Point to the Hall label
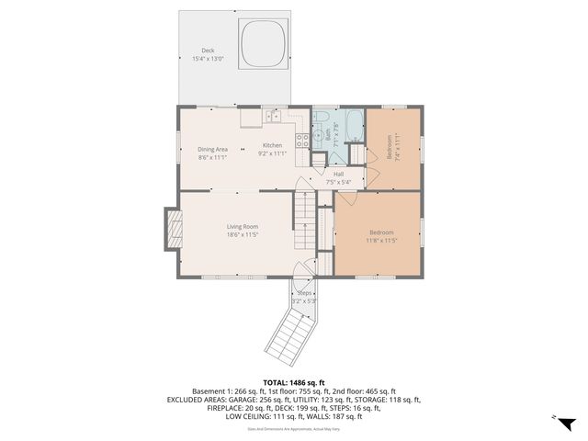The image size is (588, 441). point(338,174)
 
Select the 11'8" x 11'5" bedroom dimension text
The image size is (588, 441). point(380,241)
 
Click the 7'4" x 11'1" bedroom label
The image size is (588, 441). point(396,146)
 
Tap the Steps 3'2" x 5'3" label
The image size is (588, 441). point(303,297)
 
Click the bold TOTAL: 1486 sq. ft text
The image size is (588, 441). point(294,382)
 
